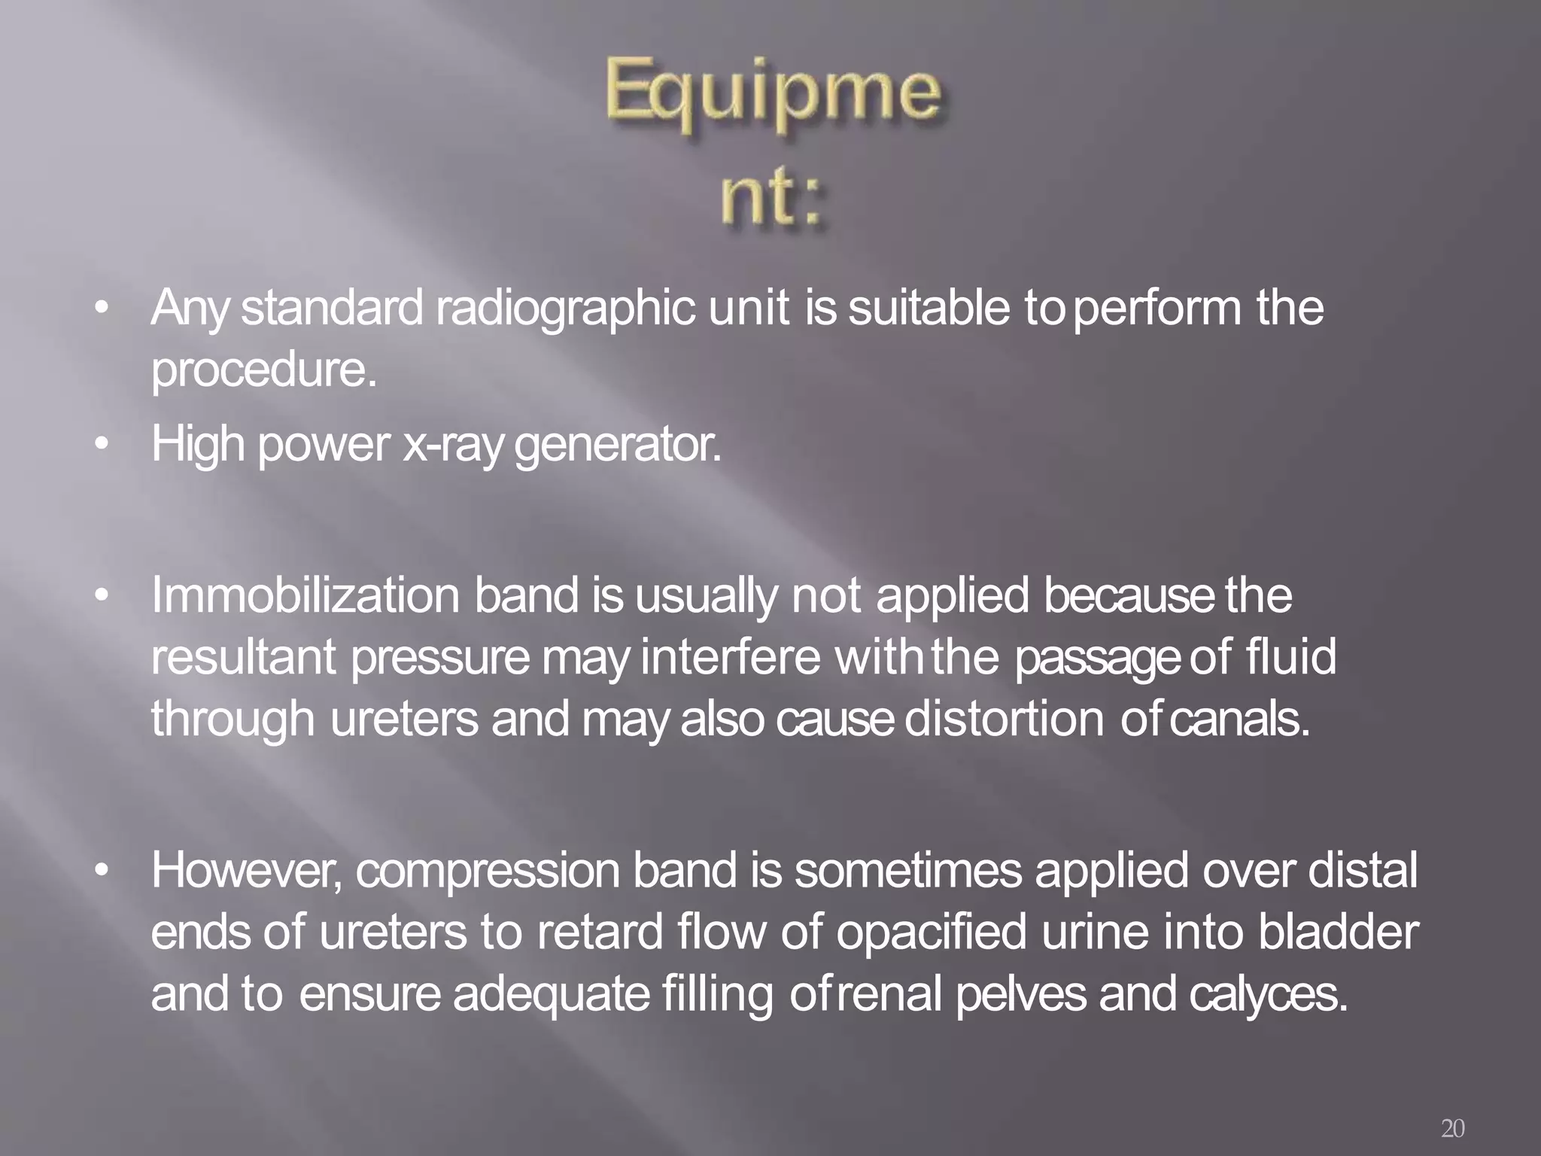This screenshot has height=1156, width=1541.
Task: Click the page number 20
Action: pyautogui.click(x=1452, y=1128)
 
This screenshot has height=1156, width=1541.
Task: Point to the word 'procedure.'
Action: pyautogui.click(x=263, y=371)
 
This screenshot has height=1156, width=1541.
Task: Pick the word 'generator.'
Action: pyautogui.click(x=618, y=446)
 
